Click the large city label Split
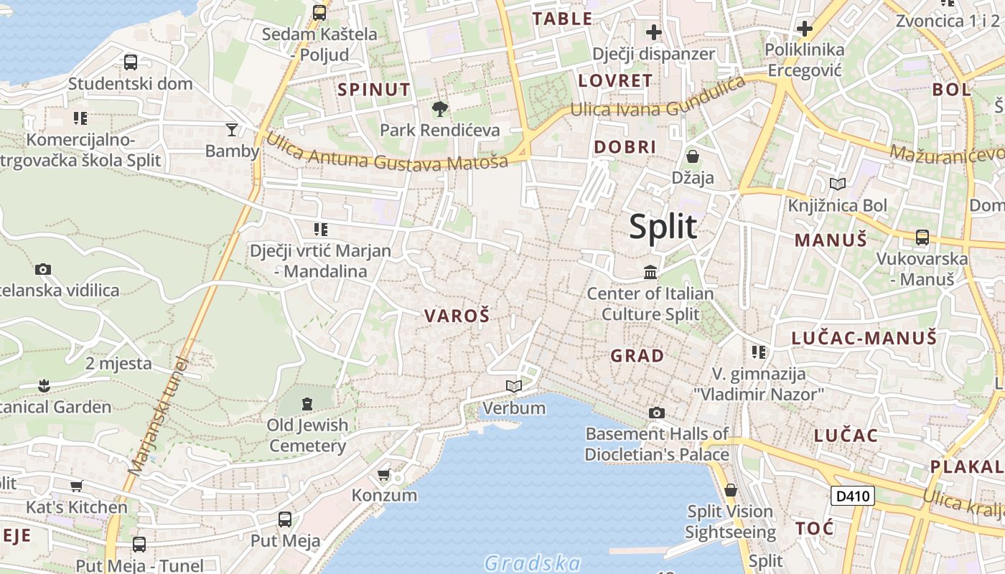click(x=663, y=227)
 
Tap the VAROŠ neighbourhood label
click(x=457, y=316)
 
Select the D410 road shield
click(x=853, y=495)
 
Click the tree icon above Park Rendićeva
click(x=439, y=109)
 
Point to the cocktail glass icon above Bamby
click(x=232, y=130)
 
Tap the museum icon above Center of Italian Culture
click(x=650, y=273)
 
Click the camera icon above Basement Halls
click(x=656, y=413)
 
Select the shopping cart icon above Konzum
click(x=384, y=474)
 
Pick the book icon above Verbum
click(x=513, y=387)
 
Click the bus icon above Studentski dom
click(x=131, y=62)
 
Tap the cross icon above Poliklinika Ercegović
click(x=805, y=29)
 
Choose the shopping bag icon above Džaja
click(x=693, y=156)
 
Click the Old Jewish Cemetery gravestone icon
click(x=307, y=404)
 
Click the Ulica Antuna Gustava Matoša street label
click(x=387, y=152)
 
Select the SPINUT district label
click(x=374, y=90)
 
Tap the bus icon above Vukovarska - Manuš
click(x=922, y=237)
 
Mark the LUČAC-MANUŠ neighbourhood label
click(x=864, y=338)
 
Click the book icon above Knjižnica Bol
click(x=837, y=184)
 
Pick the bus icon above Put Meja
click(x=285, y=519)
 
